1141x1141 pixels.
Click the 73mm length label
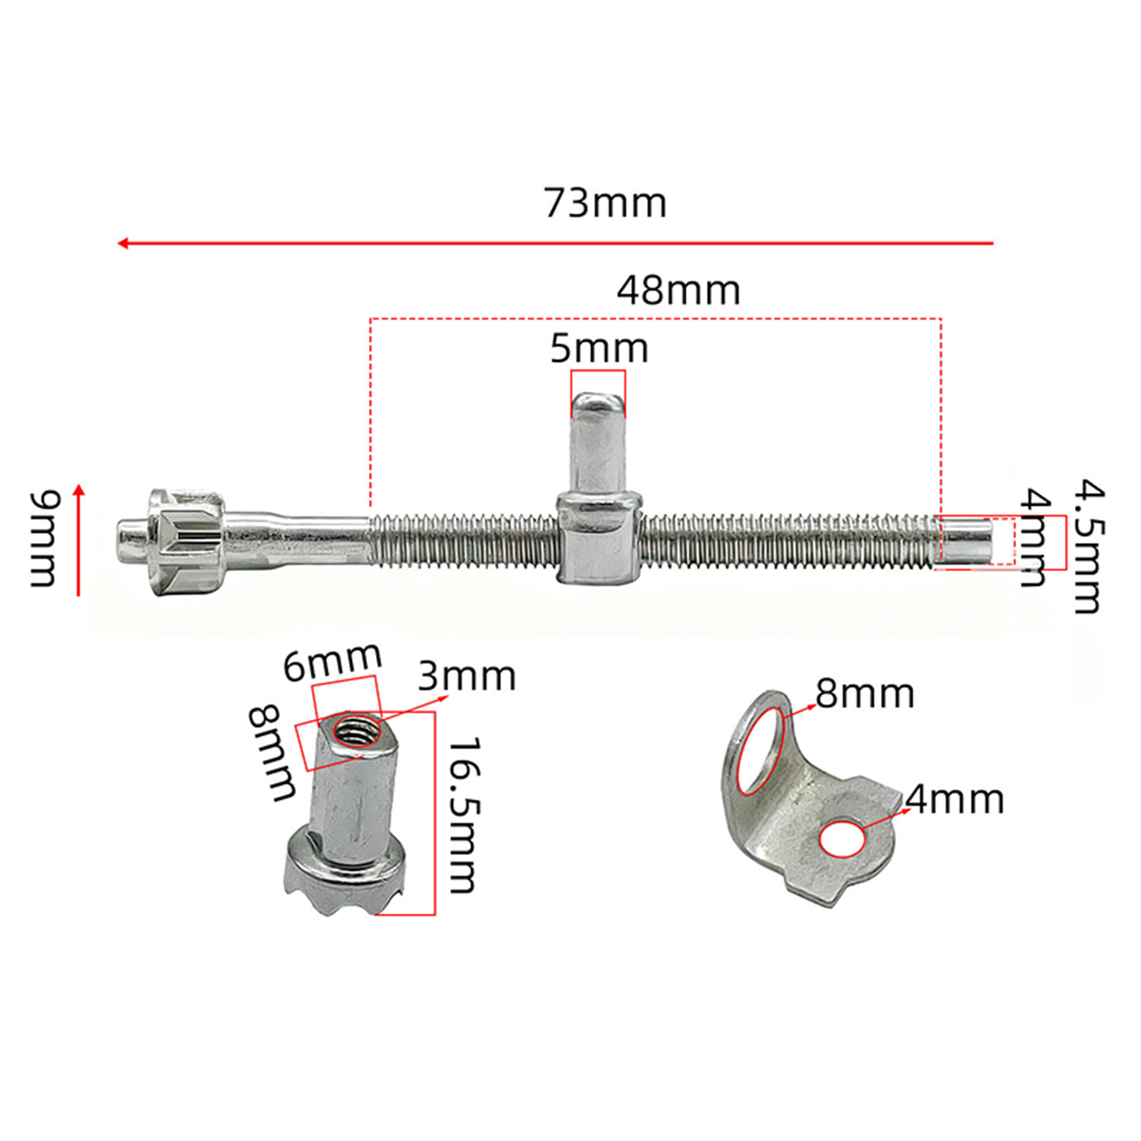point(605,203)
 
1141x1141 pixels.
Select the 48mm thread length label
point(678,290)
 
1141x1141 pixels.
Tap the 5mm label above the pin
point(599,349)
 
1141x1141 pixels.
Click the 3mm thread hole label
point(466,676)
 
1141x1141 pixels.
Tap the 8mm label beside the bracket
point(864,693)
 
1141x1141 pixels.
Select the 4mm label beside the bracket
point(955,799)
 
